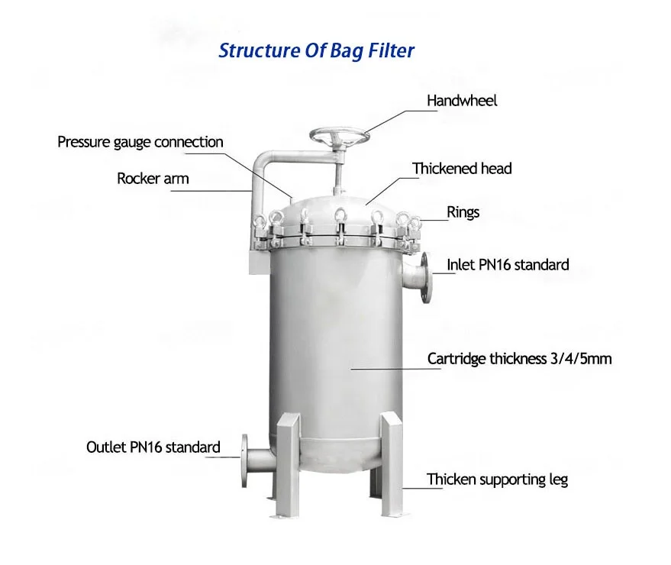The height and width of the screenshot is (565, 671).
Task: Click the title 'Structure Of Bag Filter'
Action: (316, 51)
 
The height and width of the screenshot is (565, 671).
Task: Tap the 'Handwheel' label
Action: (461, 101)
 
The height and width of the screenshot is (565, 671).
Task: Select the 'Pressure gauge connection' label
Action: (140, 142)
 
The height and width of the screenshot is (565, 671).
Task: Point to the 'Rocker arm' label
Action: (153, 179)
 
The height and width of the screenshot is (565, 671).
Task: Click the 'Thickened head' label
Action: (462, 168)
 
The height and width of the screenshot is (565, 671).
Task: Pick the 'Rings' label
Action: (463, 211)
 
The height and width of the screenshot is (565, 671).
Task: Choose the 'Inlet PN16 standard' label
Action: (508, 265)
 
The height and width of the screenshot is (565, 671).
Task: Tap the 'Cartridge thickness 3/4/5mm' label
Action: (519, 358)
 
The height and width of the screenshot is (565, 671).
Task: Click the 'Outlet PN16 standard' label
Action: (153, 447)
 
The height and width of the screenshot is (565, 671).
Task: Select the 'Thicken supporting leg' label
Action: (497, 479)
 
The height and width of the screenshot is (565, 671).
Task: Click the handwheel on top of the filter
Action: (340, 138)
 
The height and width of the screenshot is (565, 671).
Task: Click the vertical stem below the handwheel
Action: (336, 172)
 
